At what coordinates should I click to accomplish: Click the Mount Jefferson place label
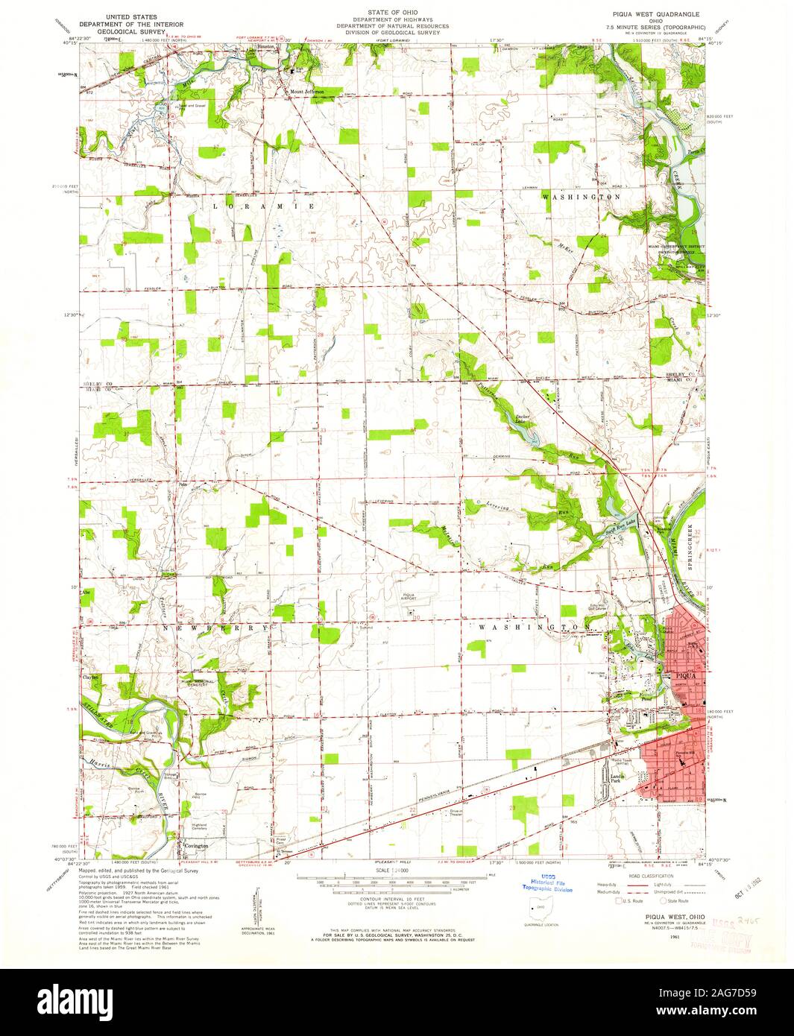pyautogui.click(x=307, y=92)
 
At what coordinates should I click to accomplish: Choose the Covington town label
pyautogui.click(x=197, y=847)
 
